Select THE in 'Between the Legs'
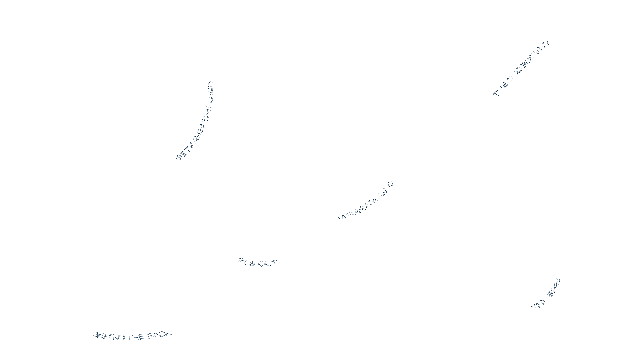pyautogui.click(x=207, y=114)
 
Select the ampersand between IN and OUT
pyautogui.click(x=252, y=264)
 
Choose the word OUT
pyautogui.click(x=267, y=264)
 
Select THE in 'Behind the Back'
pyautogui.click(x=136, y=337)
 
